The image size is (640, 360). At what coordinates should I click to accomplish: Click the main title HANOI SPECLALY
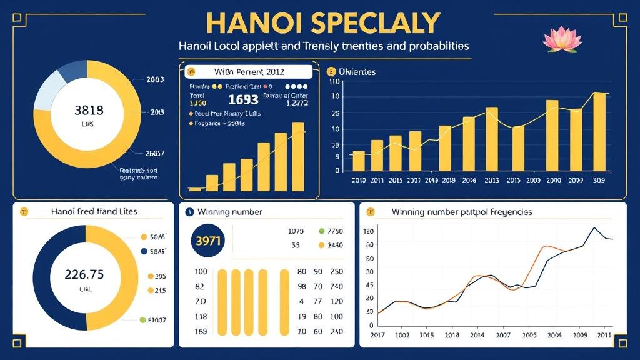(x=322, y=23)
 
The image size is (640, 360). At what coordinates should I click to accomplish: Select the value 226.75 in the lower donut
(x=84, y=274)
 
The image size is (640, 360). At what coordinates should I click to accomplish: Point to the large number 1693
(x=243, y=99)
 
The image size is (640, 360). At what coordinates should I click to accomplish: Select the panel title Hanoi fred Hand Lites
(x=94, y=212)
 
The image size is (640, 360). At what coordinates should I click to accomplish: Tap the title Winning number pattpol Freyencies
(x=462, y=212)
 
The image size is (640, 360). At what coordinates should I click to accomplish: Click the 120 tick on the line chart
(x=368, y=231)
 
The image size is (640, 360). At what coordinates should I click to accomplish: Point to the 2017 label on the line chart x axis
(x=378, y=336)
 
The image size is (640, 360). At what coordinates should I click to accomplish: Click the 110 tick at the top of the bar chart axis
(x=333, y=82)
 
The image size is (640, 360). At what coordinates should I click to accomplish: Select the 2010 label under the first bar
(x=359, y=180)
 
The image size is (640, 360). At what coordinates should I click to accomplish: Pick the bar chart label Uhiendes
(x=356, y=72)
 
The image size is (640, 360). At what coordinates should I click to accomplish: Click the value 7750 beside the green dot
(x=336, y=231)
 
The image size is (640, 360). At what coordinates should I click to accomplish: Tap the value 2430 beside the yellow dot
(x=336, y=246)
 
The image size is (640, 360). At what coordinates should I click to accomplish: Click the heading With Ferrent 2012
(x=249, y=72)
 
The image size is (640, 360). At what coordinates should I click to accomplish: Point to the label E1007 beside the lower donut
(x=156, y=320)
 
